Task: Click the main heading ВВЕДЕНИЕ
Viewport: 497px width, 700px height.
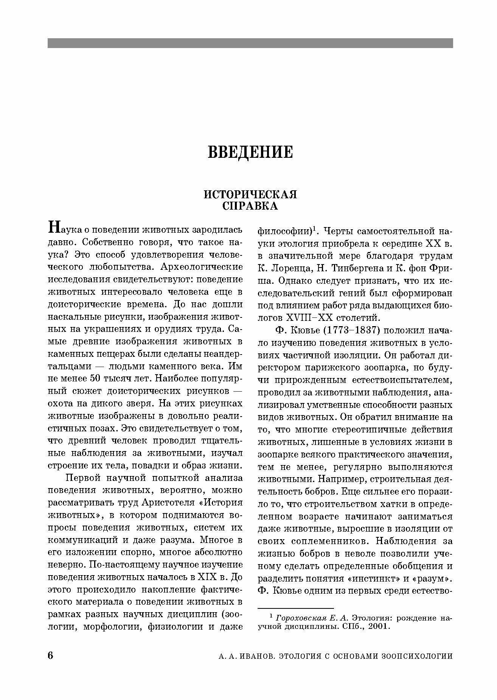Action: coord(250,152)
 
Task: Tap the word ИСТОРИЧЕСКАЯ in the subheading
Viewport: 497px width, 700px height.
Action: coord(250,194)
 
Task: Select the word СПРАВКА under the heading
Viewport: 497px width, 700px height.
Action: coord(250,206)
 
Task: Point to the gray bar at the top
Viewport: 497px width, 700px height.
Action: coord(250,43)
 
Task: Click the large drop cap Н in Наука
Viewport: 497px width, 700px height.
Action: coord(53,227)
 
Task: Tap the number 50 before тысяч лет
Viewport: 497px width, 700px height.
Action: coord(97,379)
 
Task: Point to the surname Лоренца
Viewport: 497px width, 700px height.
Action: coord(292,268)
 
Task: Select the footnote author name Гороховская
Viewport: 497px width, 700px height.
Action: coord(301,618)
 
